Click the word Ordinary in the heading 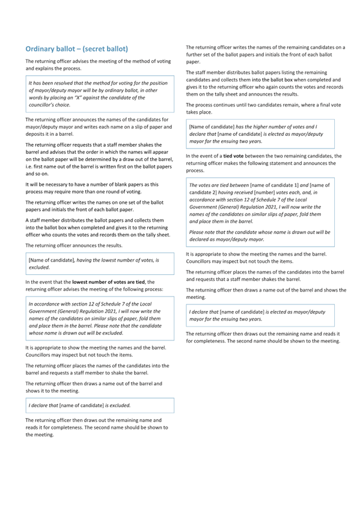[42, 49]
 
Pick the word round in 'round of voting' [118, 191]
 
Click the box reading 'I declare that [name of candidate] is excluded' [100, 405]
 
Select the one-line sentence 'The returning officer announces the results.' [74, 246]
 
